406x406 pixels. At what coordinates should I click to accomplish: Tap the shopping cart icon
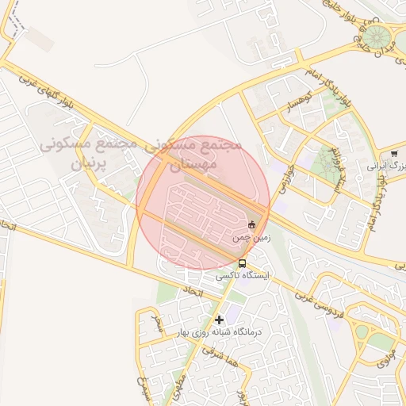(x=394, y=154)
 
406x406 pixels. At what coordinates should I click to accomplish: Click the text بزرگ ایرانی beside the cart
(x=386, y=167)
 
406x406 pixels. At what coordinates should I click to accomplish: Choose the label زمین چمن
(x=251, y=237)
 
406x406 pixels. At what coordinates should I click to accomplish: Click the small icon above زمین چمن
(x=252, y=224)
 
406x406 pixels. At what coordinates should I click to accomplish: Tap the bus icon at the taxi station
(x=241, y=263)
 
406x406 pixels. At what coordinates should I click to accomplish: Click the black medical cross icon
(x=219, y=320)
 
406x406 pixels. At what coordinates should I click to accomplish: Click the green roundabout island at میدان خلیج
(x=378, y=36)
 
